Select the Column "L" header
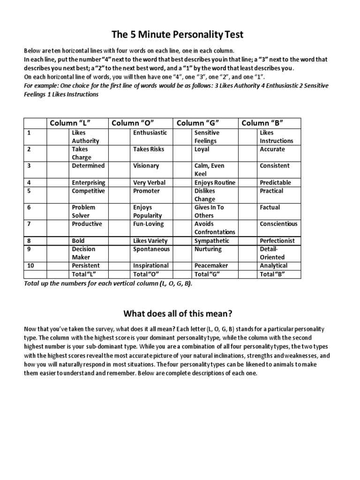pyautogui.click(x=70, y=123)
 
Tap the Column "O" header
pyautogui.click(x=132, y=123)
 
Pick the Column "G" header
pyautogui.click(x=197, y=123)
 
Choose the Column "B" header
pyautogui.click(x=262, y=123)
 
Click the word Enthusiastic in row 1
pyautogui.click(x=150, y=133)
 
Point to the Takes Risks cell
pyautogui.click(x=149, y=149)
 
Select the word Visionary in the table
pyautogui.click(x=146, y=165)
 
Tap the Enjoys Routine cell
pyautogui.click(x=215, y=182)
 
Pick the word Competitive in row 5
pyautogui.click(x=88, y=191)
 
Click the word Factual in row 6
pyautogui.click(x=270, y=207)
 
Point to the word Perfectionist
pyautogui.click(x=277, y=240)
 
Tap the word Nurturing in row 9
pyautogui.click(x=208, y=249)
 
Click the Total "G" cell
pyautogui.click(x=207, y=274)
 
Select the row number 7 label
pyautogui.click(x=29, y=224)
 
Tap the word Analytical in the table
pyautogui.click(x=274, y=265)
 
